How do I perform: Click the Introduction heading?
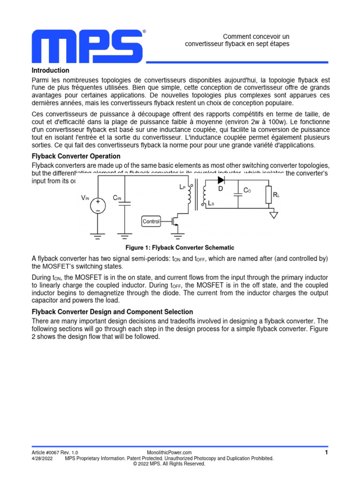(51, 70)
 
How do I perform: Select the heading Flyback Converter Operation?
(76, 156)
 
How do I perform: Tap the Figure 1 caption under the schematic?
(180, 247)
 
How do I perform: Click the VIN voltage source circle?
(97, 206)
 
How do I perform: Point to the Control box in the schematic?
(151, 221)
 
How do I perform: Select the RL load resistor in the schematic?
(269, 195)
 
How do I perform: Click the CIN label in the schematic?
(117, 198)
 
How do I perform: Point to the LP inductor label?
(182, 187)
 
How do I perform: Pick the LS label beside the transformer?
(212, 203)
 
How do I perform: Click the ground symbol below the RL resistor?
(274, 215)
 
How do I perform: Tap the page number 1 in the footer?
(326, 452)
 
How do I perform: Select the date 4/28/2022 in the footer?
(42, 458)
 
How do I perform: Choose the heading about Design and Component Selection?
(112, 312)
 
